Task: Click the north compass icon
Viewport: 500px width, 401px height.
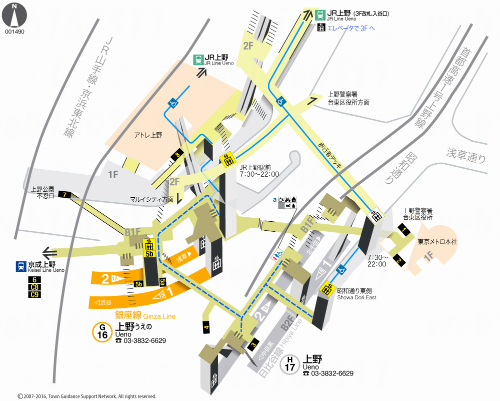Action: (14, 15)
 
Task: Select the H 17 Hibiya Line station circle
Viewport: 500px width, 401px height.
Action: (290, 364)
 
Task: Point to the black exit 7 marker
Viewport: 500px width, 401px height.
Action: (65, 194)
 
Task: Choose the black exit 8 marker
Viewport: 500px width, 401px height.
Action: (177, 155)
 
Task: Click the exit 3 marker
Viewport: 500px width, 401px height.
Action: (253, 344)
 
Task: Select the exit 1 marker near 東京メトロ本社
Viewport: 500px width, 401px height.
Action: (403, 229)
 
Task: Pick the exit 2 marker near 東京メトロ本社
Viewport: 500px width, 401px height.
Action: (398, 260)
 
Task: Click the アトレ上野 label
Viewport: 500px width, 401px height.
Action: (148, 135)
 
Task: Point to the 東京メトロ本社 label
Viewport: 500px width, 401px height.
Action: (437, 241)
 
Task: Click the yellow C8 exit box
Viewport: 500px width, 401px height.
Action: (34, 287)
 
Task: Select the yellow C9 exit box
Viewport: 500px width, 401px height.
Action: (34, 294)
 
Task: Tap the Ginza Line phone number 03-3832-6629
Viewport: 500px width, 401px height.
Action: (144, 340)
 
